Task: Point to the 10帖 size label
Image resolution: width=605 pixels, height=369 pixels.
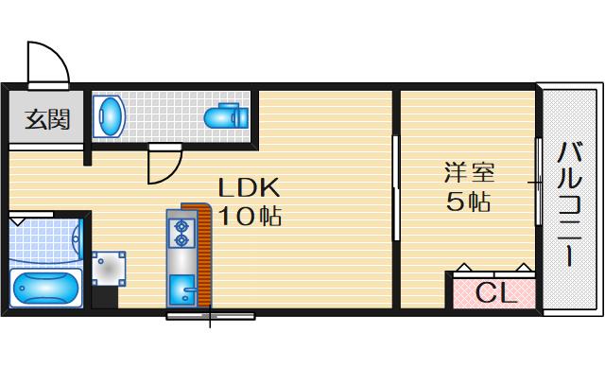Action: pyautogui.click(x=250, y=216)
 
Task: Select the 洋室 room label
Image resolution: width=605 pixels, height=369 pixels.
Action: pyautogui.click(x=469, y=174)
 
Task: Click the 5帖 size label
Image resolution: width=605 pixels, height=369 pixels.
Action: pyautogui.click(x=469, y=202)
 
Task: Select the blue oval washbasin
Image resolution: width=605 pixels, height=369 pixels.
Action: pyautogui.click(x=111, y=116)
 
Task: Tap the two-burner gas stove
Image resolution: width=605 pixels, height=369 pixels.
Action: pyautogui.click(x=179, y=232)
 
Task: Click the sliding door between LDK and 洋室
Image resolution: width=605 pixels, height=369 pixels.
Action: pyautogui.click(x=395, y=190)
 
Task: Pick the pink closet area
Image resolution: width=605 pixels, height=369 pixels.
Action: pyautogui.click(x=493, y=291)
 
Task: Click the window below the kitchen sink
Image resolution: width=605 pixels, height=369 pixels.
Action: pyautogui.click(x=209, y=312)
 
